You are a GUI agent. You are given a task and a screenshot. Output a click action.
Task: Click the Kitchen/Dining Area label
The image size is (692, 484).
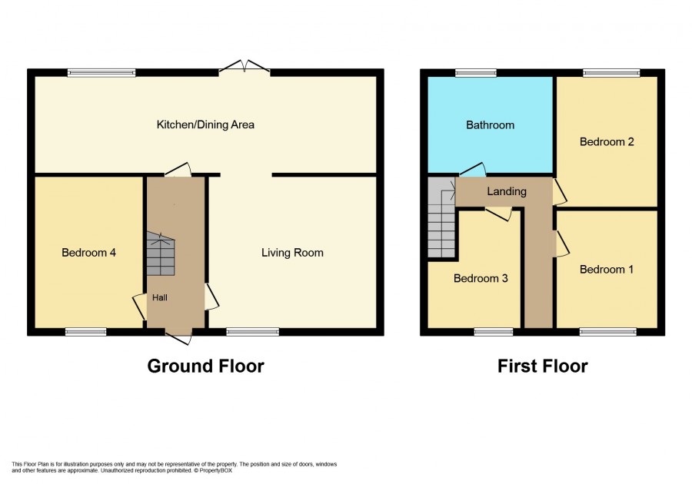tap(205, 124)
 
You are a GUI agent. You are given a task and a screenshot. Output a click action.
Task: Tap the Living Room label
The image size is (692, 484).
tap(292, 253)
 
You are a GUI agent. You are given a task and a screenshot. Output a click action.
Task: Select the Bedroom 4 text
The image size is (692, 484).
tap(88, 253)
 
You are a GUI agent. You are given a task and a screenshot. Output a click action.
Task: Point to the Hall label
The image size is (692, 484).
tap(160, 297)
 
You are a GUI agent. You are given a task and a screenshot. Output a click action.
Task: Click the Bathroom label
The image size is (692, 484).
tap(490, 125)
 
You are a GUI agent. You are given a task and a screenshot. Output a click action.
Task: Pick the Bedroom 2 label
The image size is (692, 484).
tap(607, 141)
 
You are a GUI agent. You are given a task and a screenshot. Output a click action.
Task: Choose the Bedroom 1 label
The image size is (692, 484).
tap(607, 270)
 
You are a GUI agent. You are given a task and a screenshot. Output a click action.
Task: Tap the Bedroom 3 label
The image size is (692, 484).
tap(481, 278)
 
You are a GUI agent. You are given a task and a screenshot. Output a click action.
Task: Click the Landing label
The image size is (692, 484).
tap(507, 191)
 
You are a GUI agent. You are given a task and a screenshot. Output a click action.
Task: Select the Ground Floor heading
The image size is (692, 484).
tap(205, 366)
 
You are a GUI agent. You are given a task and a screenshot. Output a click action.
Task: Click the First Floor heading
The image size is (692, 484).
tap(542, 366)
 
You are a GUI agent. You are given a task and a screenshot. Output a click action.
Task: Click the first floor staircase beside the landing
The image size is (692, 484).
tap(441, 217)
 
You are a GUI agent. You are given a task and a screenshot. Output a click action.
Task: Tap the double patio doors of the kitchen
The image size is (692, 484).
tap(245, 67)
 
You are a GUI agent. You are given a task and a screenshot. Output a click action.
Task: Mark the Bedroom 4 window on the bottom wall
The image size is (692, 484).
tap(85, 332)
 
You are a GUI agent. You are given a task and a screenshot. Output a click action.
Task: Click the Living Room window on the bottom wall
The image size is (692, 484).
tap(253, 332)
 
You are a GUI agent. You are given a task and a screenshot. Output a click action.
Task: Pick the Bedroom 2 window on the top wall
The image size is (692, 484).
tap(611, 73)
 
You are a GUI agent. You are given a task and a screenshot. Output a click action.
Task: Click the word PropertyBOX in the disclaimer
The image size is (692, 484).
tap(216, 470)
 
